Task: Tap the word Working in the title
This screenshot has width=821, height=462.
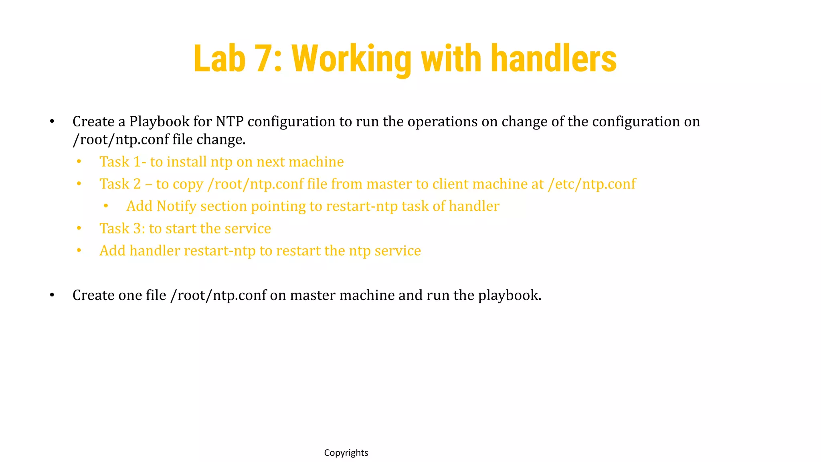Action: (x=352, y=59)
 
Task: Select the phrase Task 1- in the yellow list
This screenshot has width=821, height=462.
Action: (x=123, y=162)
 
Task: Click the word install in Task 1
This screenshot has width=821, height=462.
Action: (x=186, y=162)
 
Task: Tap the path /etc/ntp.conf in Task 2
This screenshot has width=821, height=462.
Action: (x=592, y=184)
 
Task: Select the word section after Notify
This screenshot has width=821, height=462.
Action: (x=224, y=206)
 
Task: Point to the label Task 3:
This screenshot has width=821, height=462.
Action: (x=122, y=229)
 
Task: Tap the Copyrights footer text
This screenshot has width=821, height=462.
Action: (x=346, y=453)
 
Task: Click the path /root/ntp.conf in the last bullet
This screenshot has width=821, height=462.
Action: (x=218, y=296)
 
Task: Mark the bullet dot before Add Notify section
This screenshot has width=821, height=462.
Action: (x=106, y=206)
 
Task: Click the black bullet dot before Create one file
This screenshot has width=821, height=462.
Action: (x=52, y=295)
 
